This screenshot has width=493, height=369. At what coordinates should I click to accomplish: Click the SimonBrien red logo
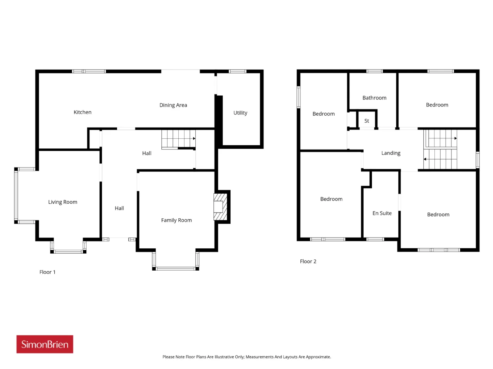click(x=45, y=344)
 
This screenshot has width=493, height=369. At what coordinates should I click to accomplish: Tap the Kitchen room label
click(x=82, y=112)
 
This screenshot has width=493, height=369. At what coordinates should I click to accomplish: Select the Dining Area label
click(x=173, y=105)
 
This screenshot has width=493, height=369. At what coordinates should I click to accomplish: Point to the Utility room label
click(x=240, y=113)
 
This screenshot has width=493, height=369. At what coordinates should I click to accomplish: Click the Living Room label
click(x=63, y=202)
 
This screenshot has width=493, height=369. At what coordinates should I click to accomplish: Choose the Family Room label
click(x=176, y=220)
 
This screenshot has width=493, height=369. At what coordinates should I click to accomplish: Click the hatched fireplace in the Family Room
click(x=220, y=207)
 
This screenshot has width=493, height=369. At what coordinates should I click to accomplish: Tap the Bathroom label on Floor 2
click(x=374, y=98)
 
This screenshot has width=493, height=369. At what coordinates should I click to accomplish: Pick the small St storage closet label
click(x=367, y=121)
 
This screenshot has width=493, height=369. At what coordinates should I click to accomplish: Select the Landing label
click(x=391, y=153)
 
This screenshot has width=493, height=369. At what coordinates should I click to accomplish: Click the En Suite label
click(x=382, y=213)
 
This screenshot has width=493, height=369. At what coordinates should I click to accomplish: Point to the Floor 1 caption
click(x=47, y=272)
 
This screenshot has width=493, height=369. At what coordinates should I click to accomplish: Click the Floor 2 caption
click(x=308, y=261)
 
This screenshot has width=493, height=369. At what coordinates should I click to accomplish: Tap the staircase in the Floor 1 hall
click(x=178, y=140)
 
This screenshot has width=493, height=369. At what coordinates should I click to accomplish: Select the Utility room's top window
click(x=238, y=71)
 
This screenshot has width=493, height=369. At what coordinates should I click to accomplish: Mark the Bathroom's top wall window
click(x=374, y=71)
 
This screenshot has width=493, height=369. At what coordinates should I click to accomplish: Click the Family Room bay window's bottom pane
click(x=176, y=269)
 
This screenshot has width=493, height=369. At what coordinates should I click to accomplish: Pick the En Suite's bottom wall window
click(x=375, y=239)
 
